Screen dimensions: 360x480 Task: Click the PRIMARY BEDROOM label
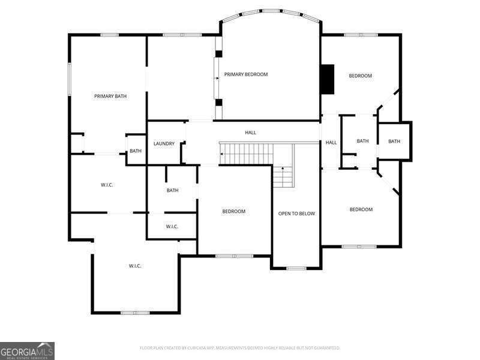coord(246,74)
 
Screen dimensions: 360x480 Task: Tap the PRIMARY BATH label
coord(110,96)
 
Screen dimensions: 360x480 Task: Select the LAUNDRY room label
coord(164,143)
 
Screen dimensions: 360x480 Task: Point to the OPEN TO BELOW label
coord(296,214)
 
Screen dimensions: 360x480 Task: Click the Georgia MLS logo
coord(28,350)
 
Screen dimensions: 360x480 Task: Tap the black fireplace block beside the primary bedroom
coord(327,79)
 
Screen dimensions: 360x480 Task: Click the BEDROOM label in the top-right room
coord(361,76)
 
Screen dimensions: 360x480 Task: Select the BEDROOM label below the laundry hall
coord(234,211)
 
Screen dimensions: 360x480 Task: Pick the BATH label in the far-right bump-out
coord(394,142)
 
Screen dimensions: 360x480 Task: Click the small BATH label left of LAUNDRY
coord(136,151)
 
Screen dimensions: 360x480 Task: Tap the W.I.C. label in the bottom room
coord(135,266)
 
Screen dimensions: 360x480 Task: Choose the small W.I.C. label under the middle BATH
coord(172,226)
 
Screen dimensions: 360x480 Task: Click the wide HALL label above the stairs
coord(251,132)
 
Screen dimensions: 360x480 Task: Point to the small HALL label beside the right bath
coord(331,143)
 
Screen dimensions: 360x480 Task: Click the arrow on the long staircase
coord(223,154)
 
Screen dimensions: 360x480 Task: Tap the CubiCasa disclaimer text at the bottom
coord(240,347)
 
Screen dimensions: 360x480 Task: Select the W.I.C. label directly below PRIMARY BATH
coord(107,185)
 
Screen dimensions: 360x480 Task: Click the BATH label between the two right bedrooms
coord(362,141)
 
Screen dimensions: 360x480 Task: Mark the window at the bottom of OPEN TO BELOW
coord(296,268)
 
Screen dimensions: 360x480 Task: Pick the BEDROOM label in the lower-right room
coord(361,209)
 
